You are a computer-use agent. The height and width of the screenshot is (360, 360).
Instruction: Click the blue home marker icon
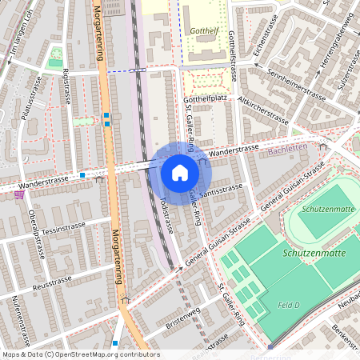180,173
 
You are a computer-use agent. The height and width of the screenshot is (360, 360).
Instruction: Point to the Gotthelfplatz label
206,100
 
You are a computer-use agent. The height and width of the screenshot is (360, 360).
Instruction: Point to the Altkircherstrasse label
258,111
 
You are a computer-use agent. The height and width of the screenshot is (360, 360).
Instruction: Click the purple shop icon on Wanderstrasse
19,194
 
